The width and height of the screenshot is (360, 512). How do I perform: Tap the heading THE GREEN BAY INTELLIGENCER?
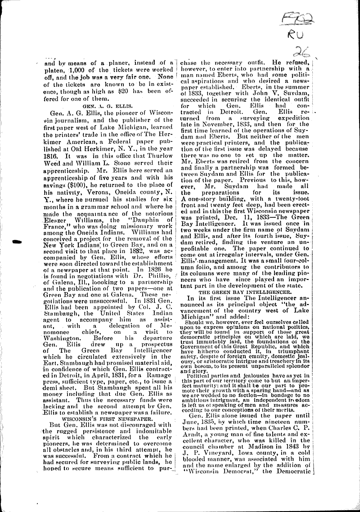point(245,292)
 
